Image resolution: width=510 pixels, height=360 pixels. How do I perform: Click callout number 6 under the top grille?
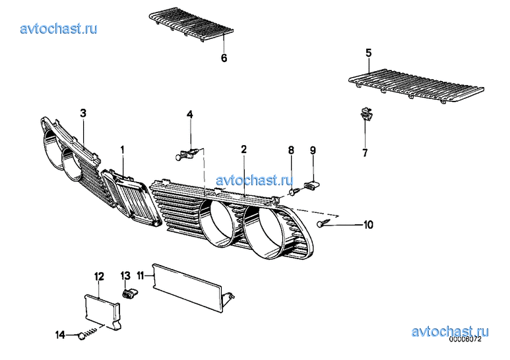(x=224, y=58)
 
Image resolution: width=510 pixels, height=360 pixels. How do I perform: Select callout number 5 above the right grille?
(x=368, y=53)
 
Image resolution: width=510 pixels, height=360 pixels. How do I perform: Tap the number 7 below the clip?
(x=365, y=152)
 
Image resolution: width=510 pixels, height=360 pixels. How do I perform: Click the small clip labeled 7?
(x=367, y=113)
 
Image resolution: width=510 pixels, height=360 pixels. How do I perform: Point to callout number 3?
(x=83, y=113)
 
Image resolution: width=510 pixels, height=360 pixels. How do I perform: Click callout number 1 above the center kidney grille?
(x=122, y=150)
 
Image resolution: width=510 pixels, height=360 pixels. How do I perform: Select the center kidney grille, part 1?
(x=132, y=198)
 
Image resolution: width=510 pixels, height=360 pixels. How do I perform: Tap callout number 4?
(x=189, y=114)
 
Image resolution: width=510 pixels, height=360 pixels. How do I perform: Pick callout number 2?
(x=243, y=149)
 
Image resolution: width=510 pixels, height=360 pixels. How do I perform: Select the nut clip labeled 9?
(x=311, y=185)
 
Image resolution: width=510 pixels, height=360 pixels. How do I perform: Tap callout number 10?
(x=368, y=225)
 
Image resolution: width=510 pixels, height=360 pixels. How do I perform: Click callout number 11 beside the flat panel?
(x=140, y=276)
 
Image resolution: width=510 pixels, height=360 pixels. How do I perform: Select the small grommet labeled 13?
(x=129, y=293)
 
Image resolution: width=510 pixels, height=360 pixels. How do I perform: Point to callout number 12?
(x=99, y=276)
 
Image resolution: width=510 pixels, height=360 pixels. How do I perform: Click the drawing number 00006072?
(x=465, y=340)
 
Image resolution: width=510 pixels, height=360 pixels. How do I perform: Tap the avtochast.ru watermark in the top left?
(x=59, y=28)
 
